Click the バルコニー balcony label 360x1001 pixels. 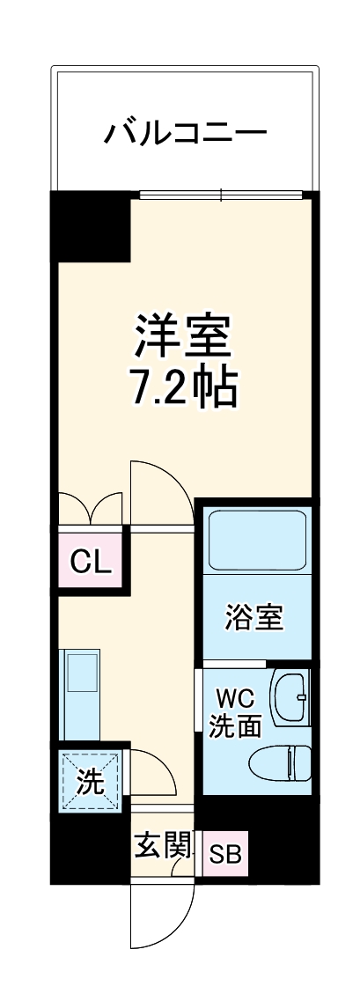pyautogui.click(x=186, y=134)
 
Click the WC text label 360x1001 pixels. pyautogui.click(x=235, y=702)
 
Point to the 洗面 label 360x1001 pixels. pyautogui.click(x=235, y=727)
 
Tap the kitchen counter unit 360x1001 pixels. pyautogui.click(x=80, y=694)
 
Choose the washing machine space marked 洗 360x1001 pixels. pyautogui.click(x=91, y=780)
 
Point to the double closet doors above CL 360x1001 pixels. pyautogui.click(x=91, y=509)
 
